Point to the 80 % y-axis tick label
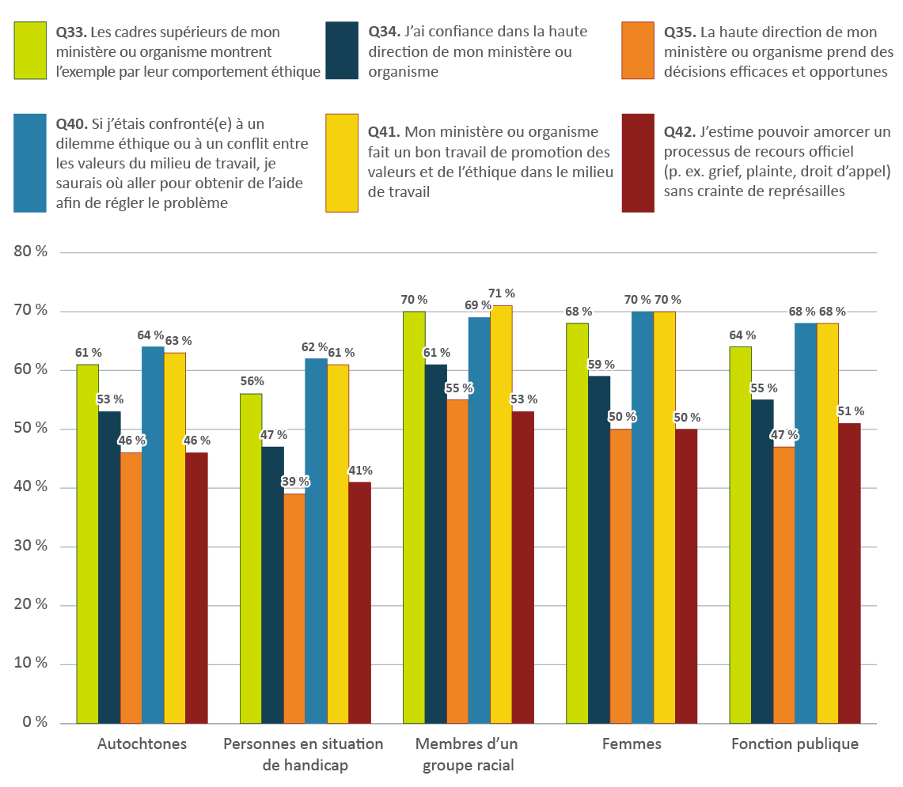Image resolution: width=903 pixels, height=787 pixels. click(30, 252)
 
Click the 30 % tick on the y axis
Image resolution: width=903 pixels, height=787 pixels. click(30, 547)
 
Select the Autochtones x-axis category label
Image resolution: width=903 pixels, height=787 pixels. click(142, 744)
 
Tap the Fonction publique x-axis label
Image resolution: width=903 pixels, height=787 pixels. click(794, 744)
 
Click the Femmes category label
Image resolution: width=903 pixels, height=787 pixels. click(631, 744)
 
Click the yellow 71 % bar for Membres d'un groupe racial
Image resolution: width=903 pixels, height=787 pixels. click(501, 514)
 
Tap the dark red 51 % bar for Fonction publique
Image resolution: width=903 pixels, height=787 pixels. click(848, 573)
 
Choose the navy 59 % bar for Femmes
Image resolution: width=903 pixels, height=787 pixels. click(598, 549)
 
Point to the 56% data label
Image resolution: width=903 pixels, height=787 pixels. click(251, 380)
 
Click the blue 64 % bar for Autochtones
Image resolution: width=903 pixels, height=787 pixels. click(153, 535)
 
